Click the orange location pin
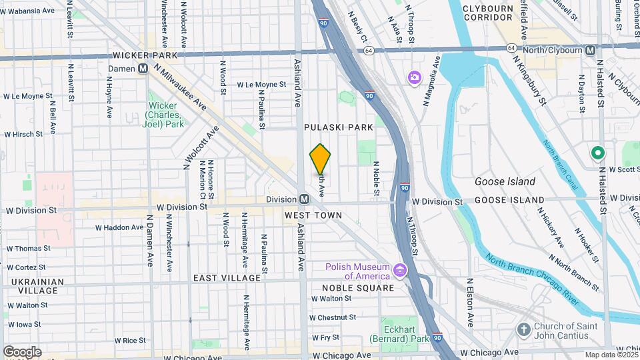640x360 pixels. (321, 159)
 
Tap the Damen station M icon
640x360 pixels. (143, 69)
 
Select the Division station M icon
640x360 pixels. (304, 199)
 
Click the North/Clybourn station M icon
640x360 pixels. (590, 51)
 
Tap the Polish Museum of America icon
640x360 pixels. (400, 270)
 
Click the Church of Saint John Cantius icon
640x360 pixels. (525, 329)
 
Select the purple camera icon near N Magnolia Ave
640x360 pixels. (415, 79)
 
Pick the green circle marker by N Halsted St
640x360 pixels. (598, 153)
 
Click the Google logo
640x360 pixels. (22, 351)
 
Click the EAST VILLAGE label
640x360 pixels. (227, 277)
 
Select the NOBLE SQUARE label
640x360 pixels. (359, 287)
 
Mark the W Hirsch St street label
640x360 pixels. (23, 134)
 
